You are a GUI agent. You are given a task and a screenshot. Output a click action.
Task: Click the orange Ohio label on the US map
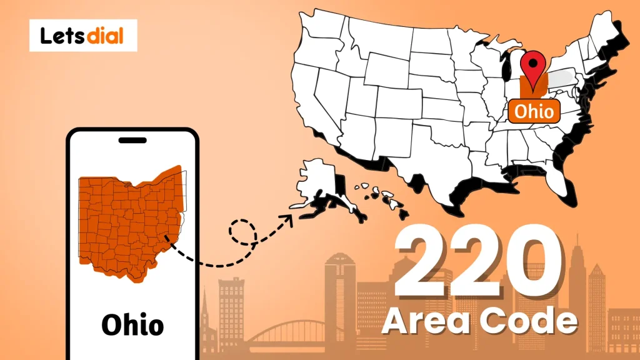coord(534,111)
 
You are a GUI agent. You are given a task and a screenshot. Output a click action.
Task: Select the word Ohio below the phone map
coord(132,325)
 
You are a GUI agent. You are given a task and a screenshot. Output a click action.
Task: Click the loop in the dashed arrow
coord(243,232)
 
